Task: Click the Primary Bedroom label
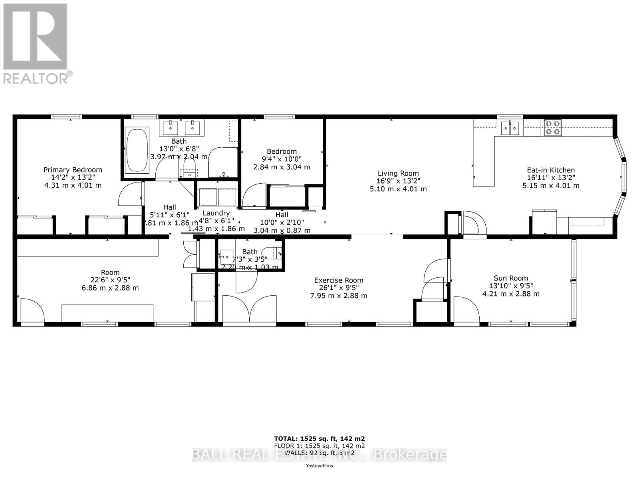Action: [x=73, y=170]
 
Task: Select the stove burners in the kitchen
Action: [x=552, y=127]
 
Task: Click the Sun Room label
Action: [x=511, y=278]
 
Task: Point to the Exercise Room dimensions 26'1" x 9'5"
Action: [x=339, y=288]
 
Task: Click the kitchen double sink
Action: [x=510, y=128]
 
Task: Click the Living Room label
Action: [x=398, y=173]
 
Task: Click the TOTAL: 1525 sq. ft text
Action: [x=319, y=438]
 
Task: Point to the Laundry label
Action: [x=216, y=213]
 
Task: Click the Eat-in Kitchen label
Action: [x=551, y=170]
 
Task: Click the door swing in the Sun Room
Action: [x=466, y=309]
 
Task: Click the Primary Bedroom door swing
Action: [x=130, y=194]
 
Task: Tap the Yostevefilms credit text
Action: [x=319, y=465]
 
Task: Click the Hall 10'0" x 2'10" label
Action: [x=282, y=215]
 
